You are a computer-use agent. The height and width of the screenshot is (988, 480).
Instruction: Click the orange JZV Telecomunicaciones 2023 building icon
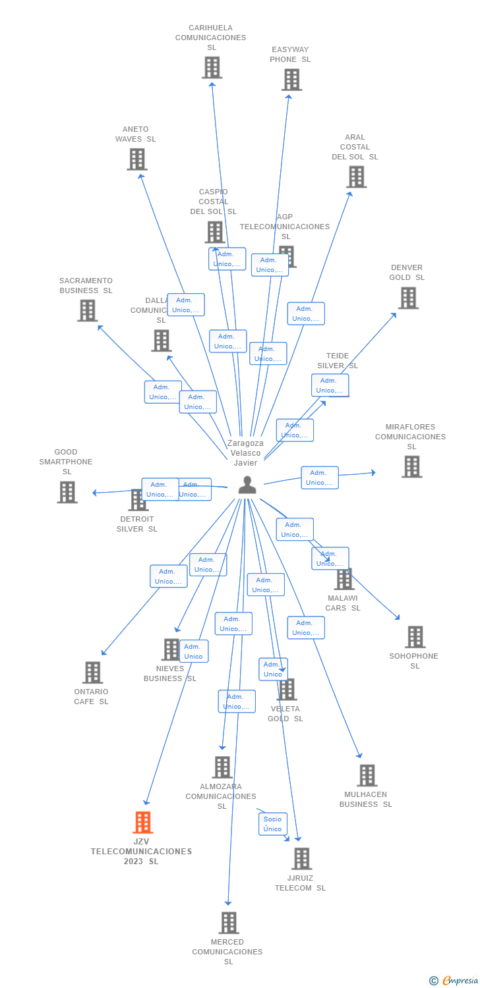[143, 822]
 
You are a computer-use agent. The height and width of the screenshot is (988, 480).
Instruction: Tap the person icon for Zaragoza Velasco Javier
[247, 485]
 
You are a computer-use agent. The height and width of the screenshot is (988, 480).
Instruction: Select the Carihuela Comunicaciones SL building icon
[212, 67]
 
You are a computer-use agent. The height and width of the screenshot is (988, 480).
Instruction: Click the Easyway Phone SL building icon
[291, 80]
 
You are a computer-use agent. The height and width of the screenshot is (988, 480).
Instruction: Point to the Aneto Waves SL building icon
[137, 159]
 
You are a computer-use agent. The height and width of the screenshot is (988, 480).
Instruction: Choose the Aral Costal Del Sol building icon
[356, 177]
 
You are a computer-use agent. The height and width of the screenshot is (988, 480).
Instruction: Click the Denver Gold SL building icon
[408, 298]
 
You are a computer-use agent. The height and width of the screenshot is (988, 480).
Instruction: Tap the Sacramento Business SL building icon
[88, 310]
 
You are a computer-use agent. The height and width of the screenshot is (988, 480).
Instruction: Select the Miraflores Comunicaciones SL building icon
[412, 466]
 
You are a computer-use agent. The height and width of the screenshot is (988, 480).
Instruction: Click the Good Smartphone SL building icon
[67, 492]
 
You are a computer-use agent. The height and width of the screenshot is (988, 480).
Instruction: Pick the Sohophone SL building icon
[415, 637]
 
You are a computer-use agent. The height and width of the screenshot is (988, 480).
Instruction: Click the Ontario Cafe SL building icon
[93, 672]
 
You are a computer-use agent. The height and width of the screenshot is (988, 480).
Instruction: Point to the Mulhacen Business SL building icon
[367, 775]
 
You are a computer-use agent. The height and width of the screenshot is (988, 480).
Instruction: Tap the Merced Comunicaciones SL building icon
[229, 923]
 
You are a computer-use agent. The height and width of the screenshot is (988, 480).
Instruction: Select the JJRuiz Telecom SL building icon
[302, 859]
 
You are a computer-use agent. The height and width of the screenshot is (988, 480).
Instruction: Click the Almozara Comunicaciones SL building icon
[222, 767]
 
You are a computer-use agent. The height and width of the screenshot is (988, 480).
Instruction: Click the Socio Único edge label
[272, 824]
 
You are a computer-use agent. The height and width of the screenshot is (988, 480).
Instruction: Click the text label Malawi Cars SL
[343, 603]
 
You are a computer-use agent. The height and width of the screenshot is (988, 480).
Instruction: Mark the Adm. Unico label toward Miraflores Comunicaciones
[320, 478]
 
